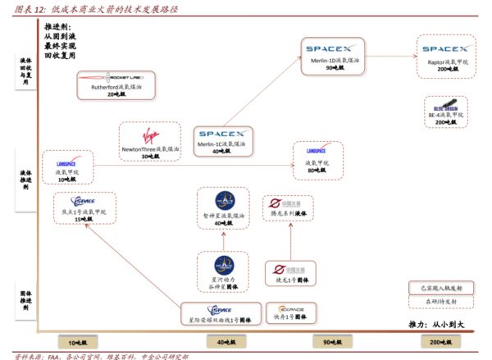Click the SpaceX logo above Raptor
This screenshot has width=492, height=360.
pos(446,48)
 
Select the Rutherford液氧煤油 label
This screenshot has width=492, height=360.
pos(114,87)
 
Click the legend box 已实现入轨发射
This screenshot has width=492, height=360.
pos(441,289)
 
